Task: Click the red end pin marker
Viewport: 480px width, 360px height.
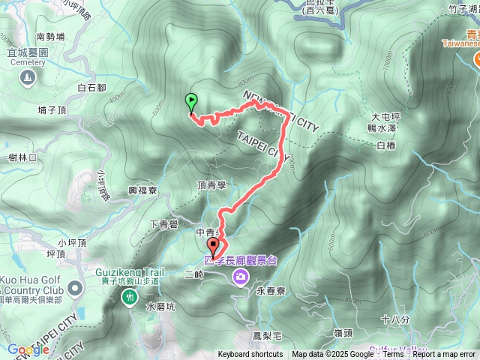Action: (213, 247)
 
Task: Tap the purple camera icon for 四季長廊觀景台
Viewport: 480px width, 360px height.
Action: (241, 277)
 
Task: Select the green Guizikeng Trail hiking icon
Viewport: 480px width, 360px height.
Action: (129, 297)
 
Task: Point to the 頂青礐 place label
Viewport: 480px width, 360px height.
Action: (211, 184)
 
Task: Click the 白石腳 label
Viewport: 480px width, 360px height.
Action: (91, 88)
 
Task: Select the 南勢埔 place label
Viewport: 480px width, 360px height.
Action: (50, 35)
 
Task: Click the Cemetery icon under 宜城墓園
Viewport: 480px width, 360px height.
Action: (28, 76)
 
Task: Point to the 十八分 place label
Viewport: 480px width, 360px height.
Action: (394, 319)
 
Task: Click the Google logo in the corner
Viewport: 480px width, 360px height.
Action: (28, 349)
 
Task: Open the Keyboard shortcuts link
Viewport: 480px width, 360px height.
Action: (250, 355)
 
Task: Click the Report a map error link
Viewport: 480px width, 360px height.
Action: (445, 355)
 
